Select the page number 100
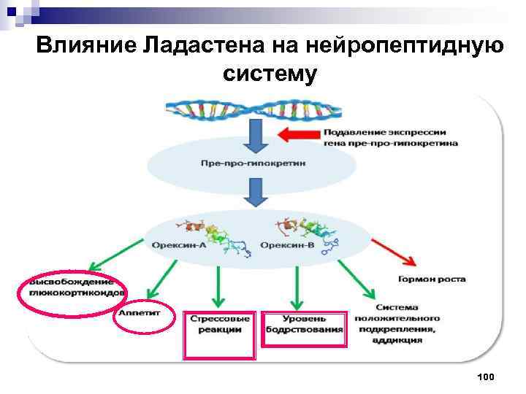point(485,376)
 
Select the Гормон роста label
point(432,279)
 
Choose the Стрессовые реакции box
point(219,325)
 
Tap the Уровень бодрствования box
point(302,325)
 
